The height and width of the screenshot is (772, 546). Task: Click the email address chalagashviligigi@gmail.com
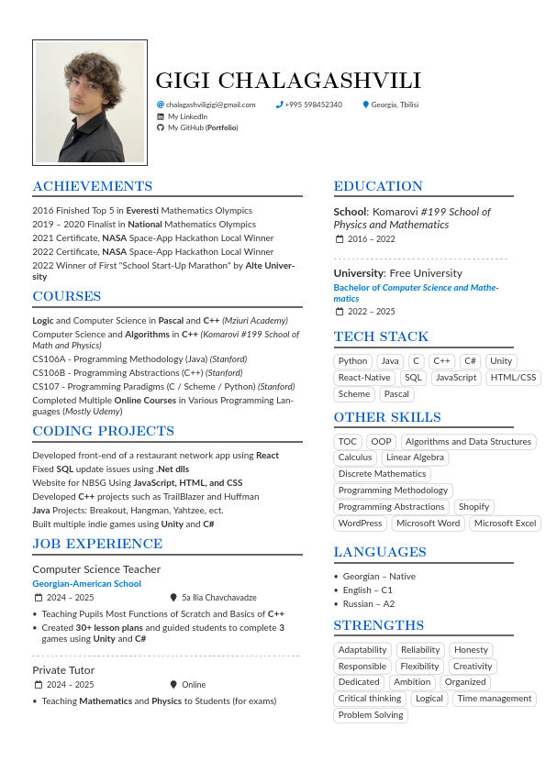click(x=211, y=105)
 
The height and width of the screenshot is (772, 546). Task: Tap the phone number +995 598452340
click(x=313, y=105)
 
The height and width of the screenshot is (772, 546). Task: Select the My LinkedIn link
click(x=187, y=116)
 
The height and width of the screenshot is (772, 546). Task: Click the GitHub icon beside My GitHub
click(x=161, y=128)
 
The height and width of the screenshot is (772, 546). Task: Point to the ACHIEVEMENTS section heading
click(x=93, y=186)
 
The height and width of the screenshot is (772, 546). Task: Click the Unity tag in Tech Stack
click(x=501, y=361)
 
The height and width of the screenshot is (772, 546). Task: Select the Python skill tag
click(x=352, y=361)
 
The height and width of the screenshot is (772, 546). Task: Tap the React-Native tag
click(x=364, y=378)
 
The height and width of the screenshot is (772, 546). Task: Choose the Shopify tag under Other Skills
click(x=474, y=507)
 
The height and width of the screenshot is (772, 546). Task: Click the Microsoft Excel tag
click(x=505, y=524)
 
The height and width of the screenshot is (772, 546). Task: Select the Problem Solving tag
click(x=371, y=715)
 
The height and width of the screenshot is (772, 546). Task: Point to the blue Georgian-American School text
click(x=87, y=584)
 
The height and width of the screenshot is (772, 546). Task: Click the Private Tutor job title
click(x=63, y=670)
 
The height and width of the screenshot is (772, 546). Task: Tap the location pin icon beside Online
click(x=173, y=685)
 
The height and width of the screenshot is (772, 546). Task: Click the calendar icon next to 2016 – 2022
click(x=340, y=239)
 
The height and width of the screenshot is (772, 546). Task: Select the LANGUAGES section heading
click(x=380, y=552)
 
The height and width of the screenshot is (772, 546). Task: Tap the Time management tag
click(x=495, y=699)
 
